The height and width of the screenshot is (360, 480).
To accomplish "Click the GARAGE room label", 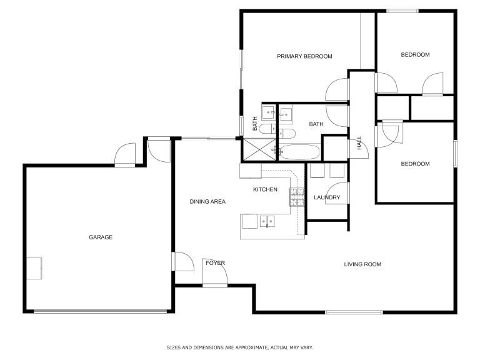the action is tap(101, 237).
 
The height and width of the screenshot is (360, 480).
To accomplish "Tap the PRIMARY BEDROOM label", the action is tap(304, 56).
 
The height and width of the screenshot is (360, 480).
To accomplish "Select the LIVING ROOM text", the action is tap(362, 264).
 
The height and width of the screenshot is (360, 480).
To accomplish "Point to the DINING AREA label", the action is tap(207, 201).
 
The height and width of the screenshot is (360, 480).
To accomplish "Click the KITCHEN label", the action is tap(265, 189).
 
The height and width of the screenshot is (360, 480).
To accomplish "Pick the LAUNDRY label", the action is tap(327, 197).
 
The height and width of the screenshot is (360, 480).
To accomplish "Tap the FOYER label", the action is tap(215, 263).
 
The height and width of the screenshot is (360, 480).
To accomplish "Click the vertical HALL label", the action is tap(359, 142).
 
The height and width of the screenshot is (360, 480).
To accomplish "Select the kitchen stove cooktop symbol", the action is tap(297, 197).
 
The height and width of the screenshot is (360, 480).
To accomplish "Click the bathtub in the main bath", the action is tap(300, 152).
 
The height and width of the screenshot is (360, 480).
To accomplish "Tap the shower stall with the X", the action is tap(259, 149).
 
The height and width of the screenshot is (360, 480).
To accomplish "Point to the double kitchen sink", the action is tap(267, 221).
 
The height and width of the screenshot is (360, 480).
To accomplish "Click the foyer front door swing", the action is tap(215, 272).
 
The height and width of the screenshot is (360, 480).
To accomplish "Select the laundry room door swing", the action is tap(337, 193).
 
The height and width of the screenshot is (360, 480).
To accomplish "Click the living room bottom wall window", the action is tap(354, 312).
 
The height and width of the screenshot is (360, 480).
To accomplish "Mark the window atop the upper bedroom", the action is tap(402, 11).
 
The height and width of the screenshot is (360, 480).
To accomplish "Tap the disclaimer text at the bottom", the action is tap(240, 347).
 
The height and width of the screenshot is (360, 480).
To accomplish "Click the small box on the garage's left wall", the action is tap(34, 269).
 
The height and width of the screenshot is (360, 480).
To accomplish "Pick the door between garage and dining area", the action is tap(182, 261).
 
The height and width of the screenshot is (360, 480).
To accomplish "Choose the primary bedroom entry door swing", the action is tap(337, 89).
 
